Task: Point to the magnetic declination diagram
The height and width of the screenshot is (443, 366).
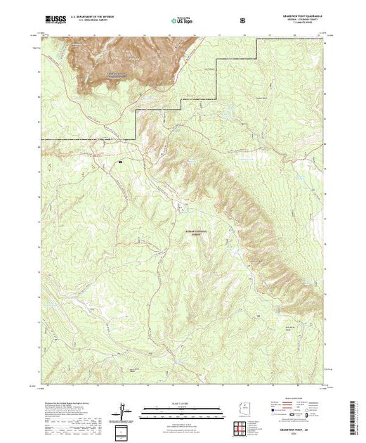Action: (x=125, y=409)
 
